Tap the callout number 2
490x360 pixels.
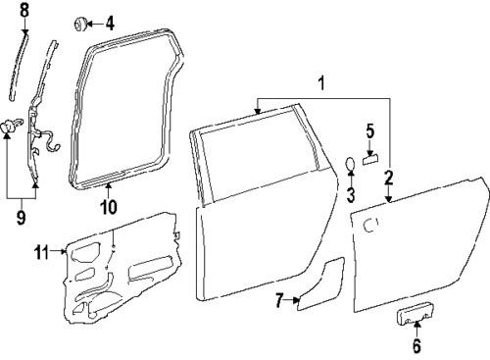pyautogui.click(x=388, y=178)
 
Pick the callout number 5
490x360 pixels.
pyautogui.click(x=370, y=129)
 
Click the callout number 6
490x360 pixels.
pyautogui.click(x=416, y=344)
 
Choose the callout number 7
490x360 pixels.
pyautogui.click(x=279, y=301)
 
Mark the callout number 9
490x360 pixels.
pyautogui.click(x=21, y=217)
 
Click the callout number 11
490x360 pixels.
pyautogui.click(x=41, y=253)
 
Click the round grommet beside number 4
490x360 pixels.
pyautogui.click(x=80, y=22)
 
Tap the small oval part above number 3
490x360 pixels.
pyautogui.click(x=350, y=163)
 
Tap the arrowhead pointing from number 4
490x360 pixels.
pyautogui.click(x=93, y=22)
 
